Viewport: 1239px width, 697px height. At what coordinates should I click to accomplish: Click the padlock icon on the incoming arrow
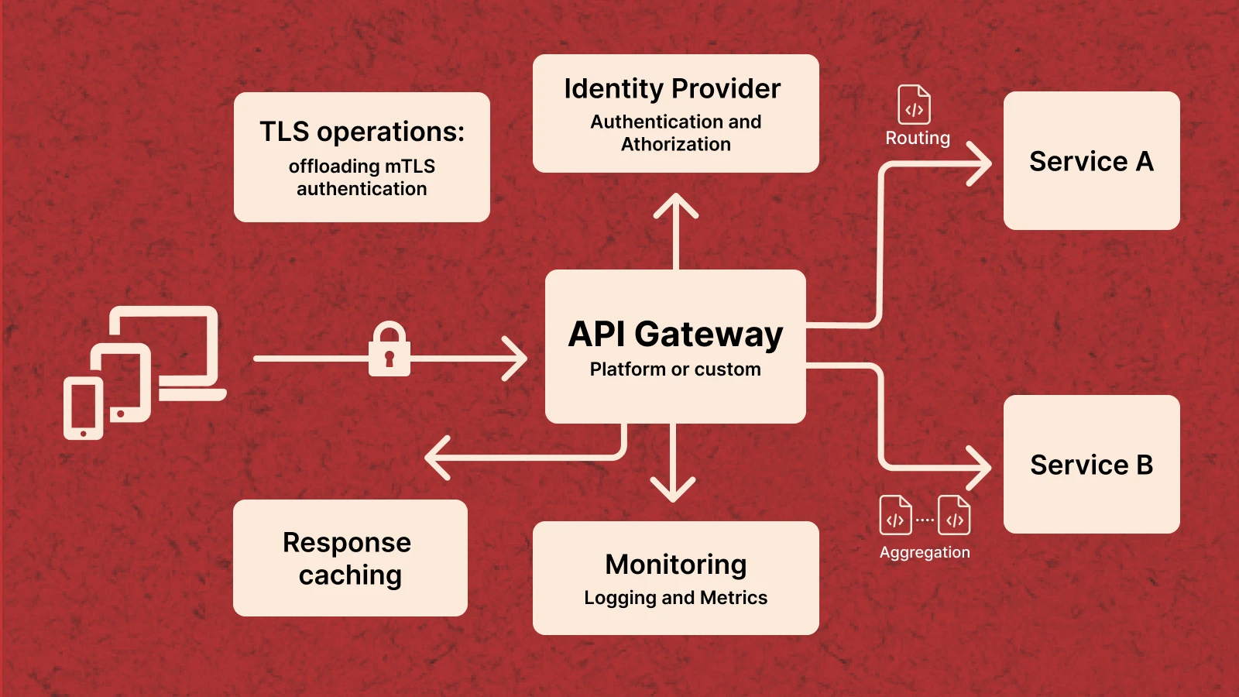[x=389, y=350]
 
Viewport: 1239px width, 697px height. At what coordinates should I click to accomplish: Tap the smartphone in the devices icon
[x=83, y=408]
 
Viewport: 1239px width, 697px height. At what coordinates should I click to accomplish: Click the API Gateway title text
[x=675, y=335]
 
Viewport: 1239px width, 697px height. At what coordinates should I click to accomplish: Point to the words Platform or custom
[x=675, y=369]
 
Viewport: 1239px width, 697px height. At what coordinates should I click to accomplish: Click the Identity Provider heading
[x=672, y=89]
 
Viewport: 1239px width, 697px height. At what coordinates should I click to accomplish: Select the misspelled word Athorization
[x=675, y=145]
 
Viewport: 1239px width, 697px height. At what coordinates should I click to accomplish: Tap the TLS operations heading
[x=362, y=132]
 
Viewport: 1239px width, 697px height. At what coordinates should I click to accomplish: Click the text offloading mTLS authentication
[x=362, y=177]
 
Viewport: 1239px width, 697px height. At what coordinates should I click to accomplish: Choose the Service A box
[x=1091, y=161]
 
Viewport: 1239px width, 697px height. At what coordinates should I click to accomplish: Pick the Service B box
[x=1091, y=465]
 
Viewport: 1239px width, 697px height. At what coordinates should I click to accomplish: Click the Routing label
[x=918, y=138]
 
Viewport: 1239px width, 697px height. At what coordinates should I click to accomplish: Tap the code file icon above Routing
[x=914, y=105]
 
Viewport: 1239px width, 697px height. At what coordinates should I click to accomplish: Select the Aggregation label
[x=925, y=552]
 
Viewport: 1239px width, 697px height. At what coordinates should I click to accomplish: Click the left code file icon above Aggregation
[x=895, y=516]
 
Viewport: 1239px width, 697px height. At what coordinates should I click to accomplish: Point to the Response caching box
[x=350, y=558]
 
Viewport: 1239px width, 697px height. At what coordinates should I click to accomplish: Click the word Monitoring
[x=675, y=565]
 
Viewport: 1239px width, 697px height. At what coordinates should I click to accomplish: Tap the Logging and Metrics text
[x=675, y=598]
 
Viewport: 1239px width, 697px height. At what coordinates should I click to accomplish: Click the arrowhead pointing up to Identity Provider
[x=676, y=204]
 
